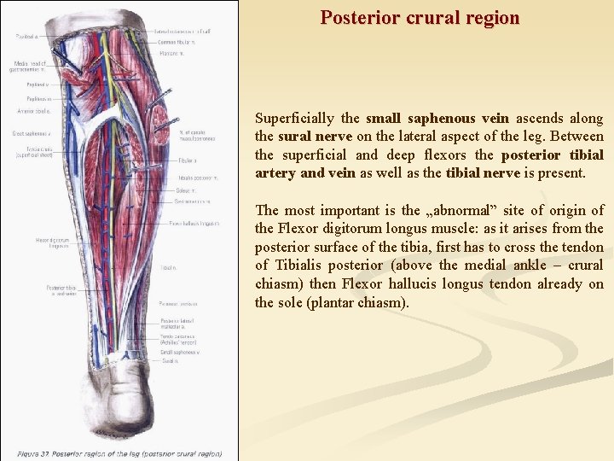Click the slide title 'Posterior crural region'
click(420, 17)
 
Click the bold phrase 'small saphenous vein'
click(437, 119)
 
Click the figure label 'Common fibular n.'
click(176, 42)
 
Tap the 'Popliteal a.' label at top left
click(26, 37)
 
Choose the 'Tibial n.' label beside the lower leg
click(168, 267)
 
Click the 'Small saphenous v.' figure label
click(179, 352)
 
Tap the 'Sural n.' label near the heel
click(169, 360)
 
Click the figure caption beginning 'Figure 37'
click(119, 454)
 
